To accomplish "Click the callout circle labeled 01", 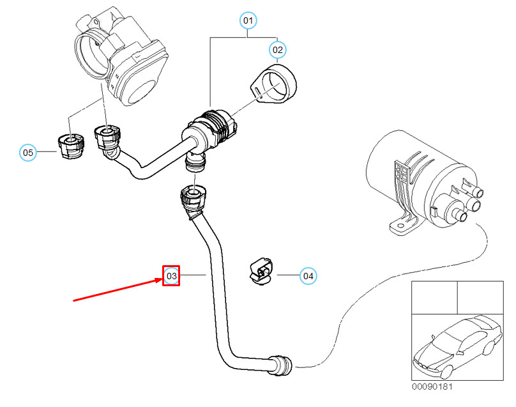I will (248, 21).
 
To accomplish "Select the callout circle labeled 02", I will (278, 49).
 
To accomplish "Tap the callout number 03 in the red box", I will (171, 276).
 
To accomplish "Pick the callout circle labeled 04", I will (308, 276).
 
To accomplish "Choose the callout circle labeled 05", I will (27, 153).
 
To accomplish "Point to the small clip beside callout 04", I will (261, 272).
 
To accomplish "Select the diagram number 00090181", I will (432, 386).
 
